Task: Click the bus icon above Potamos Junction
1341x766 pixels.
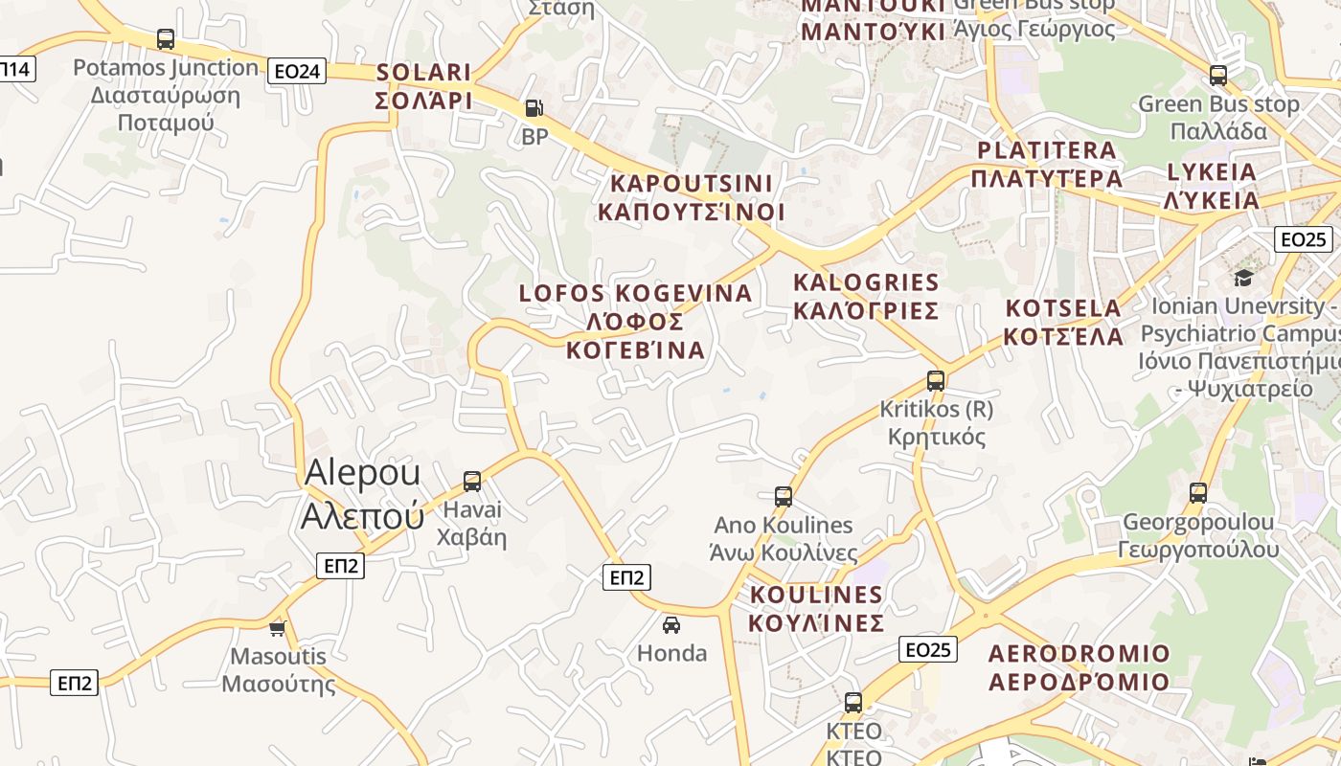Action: (x=166, y=39)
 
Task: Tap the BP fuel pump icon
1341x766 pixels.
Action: (x=534, y=109)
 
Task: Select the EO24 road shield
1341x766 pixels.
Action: (x=297, y=71)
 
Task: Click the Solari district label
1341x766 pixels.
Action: (x=423, y=86)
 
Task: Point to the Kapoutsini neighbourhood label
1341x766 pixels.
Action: (x=691, y=197)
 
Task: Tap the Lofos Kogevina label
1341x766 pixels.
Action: (x=636, y=321)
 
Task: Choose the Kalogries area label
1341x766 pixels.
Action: (x=866, y=296)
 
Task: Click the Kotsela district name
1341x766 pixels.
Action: (x=1063, y=322)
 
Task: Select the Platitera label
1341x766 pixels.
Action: (x=1046, y=164)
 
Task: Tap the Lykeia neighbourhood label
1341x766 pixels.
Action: (x=1211, y=186)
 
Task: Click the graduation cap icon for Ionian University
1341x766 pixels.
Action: (x=1243, y=278)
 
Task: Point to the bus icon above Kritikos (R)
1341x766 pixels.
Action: (x=936, y=380)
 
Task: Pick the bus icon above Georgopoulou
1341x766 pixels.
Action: (x=1198, y=493)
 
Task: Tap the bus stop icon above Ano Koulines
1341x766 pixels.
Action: (x=784, y=496)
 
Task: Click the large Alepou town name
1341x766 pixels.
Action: (x=362, y=494)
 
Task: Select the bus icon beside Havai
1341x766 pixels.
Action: (x=472, y=481)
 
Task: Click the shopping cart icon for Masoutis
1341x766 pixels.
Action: (x=278, y=628)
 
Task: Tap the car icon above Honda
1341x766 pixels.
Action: (x=671, y=625)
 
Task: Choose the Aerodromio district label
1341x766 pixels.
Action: (x=1079, y=667)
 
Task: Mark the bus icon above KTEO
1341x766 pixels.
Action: (x=853, y=702)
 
